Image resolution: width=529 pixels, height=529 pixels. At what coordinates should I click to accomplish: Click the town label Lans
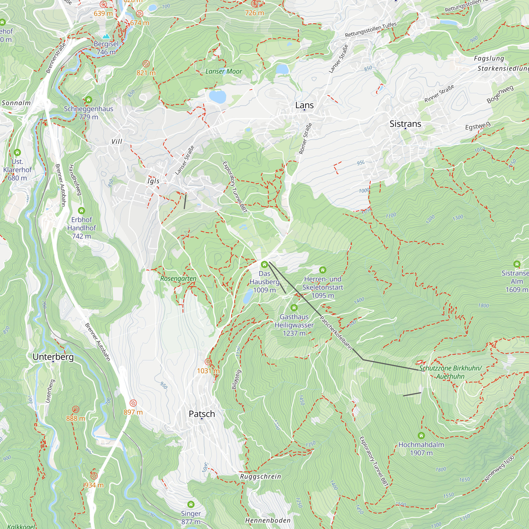tap(304, 105)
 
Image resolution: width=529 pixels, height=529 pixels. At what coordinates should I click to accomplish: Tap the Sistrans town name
tap(405, 124)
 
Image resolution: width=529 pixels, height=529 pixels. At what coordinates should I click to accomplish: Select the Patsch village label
tap(202, 414)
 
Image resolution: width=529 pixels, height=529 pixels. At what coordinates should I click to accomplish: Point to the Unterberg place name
tap(53, 357)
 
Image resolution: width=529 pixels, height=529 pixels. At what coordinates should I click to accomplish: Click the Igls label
tap(153, 181)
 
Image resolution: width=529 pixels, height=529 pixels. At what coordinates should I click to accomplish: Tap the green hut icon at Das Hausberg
tap(264, 264)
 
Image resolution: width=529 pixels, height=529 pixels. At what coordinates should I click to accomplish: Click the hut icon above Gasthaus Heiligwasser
tap(294, 308)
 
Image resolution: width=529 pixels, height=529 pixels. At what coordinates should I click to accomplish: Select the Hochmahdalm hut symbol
tap(421, 435)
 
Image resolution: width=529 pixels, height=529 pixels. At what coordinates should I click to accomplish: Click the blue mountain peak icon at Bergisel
tap(106, 36)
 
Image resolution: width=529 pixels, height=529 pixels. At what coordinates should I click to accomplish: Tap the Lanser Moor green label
tap(224, 71)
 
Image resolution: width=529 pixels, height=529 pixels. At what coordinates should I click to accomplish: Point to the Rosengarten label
tap(178, 279)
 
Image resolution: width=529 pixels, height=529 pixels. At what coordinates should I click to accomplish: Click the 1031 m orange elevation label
tap(208, 371)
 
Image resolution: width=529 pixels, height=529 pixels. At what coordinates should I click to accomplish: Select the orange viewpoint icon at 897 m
tap(133, 403)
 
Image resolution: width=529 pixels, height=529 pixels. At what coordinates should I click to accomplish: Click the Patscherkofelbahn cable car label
tap(336, 333)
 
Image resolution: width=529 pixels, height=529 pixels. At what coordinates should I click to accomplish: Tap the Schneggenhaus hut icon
tap(88, 100)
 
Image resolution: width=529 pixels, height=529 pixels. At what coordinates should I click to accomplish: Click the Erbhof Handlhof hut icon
tap(81, 211)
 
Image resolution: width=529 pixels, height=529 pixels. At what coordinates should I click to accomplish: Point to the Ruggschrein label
tap(260, 476)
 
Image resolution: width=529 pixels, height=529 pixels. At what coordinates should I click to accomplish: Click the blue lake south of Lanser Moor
tap(217, 97)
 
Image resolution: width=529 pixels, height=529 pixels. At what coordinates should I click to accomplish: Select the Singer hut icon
tap(191, 504)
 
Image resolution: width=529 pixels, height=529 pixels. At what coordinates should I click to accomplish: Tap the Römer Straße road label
tap(305, 139)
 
